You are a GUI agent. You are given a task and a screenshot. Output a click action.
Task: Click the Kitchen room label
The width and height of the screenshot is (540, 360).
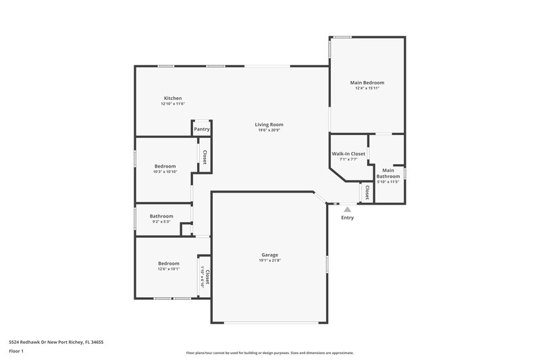[x=173, y=98]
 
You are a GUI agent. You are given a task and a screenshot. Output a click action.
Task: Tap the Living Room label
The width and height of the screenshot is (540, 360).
[x=269, y=124]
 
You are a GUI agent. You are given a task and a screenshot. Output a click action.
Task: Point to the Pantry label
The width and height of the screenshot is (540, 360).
[x=202, y=129]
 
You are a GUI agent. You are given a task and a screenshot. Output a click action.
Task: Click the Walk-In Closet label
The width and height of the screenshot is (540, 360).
[x=348, y=154]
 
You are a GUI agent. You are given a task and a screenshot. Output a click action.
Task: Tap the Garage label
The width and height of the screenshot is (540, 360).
[x=269, y=255]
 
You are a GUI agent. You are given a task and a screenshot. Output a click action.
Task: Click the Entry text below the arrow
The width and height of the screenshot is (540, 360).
[x=348, y=217]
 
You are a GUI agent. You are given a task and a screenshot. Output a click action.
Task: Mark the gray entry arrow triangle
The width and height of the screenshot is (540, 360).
[x=348, y=209]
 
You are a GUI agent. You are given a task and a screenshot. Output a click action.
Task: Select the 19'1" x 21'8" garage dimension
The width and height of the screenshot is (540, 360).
[x=269, y=261]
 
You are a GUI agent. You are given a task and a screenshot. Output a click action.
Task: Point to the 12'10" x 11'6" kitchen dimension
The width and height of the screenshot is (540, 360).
[x=173, y=104]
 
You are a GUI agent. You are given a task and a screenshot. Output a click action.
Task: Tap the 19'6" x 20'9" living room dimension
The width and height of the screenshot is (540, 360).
[x=269, y=130]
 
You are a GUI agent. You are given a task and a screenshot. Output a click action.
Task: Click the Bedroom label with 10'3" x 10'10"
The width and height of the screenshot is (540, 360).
[x=165, y=166]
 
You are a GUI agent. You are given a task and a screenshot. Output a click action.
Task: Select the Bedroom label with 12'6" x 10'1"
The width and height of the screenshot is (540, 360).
[x=169, y=263]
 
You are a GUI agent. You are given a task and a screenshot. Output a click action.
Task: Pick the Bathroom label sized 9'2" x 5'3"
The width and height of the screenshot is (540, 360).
[x=161, y=216]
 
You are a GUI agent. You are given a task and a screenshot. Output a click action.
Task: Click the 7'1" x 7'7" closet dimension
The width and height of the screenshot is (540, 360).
[x=348, y=160]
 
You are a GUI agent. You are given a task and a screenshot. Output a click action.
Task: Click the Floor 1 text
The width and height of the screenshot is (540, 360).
[x=17, y=351]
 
